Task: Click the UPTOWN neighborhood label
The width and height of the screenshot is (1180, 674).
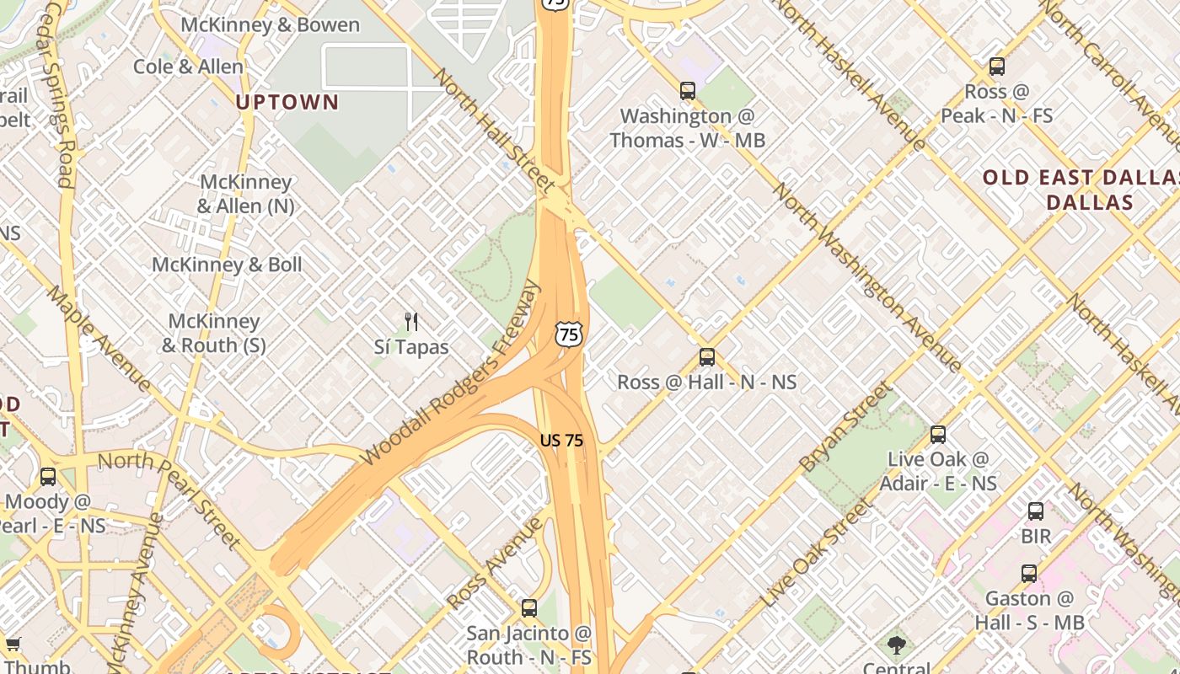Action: pos(287,103)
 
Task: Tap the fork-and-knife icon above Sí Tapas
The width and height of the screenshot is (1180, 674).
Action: pos(411,321)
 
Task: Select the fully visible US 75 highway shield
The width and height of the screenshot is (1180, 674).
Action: pos(569,334)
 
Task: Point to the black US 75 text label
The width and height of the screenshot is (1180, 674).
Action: pos(562,440)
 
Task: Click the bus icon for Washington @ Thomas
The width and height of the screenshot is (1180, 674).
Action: pos(688,90)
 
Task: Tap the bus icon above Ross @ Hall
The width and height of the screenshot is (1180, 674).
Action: pos(707,357)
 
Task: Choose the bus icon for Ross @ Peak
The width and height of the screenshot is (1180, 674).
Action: pos(997,66)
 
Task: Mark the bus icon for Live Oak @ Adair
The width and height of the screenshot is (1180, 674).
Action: pos(938,435)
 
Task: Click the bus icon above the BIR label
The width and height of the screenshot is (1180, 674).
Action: pos(1036,511)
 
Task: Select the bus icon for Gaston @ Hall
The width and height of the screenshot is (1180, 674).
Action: pos(1029,574)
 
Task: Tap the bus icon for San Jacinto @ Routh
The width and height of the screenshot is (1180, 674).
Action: pos(529,607)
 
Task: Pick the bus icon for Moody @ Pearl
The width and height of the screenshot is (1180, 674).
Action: pos(48,477)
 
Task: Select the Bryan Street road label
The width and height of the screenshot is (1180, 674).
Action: pos(845,427)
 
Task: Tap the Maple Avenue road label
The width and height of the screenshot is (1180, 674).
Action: pos(99,340)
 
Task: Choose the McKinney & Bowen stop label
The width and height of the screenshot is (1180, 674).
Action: pos(271,25)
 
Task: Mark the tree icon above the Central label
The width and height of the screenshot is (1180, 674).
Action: pos(896,645)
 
